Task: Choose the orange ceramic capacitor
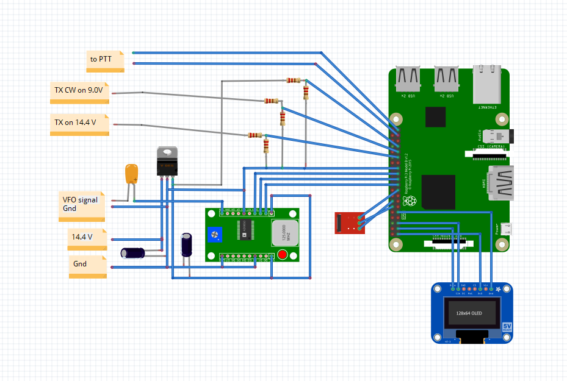click(x=131, y=173)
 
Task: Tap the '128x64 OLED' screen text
click(x=469, y=313)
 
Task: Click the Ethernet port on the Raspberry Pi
click(x=486, y=85)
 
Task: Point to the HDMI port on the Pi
click(x=502, y=182)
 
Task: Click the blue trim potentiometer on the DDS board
click(x=214, y=235)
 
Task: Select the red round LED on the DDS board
click(x=282, y=255)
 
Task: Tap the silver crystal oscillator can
click(x=284, y=232)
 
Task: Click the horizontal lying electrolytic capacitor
click(x=132, y=252)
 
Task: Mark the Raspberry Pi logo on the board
click(x=408, y=201)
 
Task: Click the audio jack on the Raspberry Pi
click(x=503, y=137)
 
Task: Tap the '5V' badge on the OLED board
click(x=507, y=327)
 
